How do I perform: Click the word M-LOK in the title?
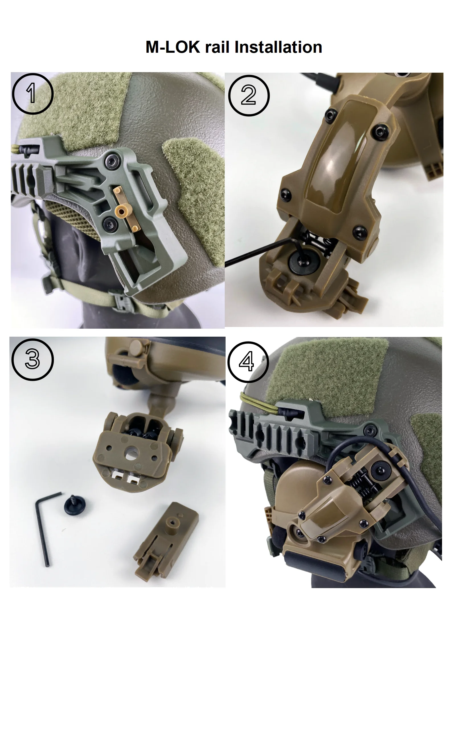[x=173, y=47]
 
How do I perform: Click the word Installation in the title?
[x=278, y=47]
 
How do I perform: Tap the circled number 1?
[x=32, y=94]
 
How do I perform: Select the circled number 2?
[x=249, y=95]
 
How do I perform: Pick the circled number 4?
[x=248, y=362]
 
